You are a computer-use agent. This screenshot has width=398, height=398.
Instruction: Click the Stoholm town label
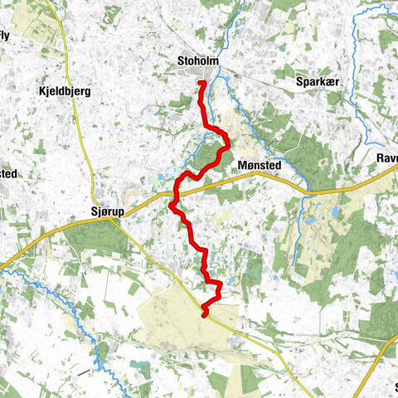(198, 61)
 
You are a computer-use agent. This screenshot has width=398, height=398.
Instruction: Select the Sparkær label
(318, 83)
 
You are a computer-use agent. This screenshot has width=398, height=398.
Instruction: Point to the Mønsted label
(260, 165)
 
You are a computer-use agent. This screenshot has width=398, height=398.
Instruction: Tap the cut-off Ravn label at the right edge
(386, 157)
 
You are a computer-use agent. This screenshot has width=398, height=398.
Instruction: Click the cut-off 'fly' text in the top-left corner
(5, 35)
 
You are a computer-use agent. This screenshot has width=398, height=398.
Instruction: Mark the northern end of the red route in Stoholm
(201, 83)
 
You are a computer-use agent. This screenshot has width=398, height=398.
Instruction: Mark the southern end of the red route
(204, 314)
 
